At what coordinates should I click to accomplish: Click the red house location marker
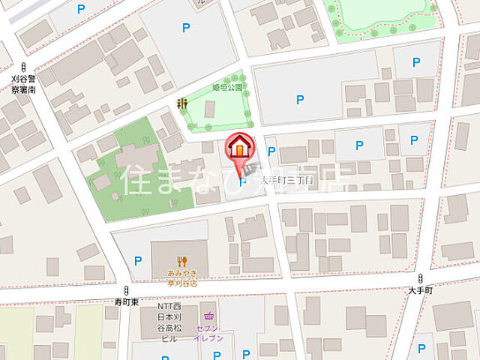[x=239, y=145]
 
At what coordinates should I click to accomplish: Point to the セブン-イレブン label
[x=208, y=333]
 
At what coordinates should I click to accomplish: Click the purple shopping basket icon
[x=208, y=316]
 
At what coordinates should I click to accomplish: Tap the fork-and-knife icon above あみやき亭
[x=181, y=262]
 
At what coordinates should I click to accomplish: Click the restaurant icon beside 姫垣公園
[x=181, y=103]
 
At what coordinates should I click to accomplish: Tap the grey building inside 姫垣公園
[x=210, y=109]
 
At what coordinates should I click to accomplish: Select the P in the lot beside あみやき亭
[x=137, y=261]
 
